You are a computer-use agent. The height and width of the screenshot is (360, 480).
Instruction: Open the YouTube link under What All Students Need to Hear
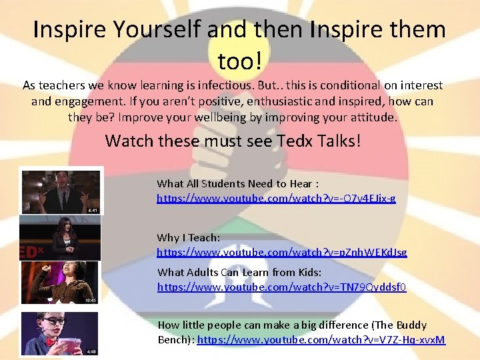click(276, 199)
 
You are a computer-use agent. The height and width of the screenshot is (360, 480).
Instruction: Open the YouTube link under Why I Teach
click(281, 253)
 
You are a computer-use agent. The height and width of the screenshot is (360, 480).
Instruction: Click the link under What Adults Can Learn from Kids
click(281, 287)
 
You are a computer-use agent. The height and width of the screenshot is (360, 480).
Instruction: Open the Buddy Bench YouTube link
click(321, 340)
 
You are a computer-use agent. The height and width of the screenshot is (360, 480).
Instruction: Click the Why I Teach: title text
click(188, 238)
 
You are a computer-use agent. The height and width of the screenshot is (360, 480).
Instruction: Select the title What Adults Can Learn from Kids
click(239, 272)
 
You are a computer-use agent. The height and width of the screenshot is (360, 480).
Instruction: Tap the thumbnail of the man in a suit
click(61, 192)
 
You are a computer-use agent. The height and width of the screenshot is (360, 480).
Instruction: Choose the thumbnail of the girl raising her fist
click(59, 282)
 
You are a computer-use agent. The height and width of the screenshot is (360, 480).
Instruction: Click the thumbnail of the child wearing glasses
click(59, 333)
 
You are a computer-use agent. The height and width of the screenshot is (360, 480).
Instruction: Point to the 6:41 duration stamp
click(93, 209)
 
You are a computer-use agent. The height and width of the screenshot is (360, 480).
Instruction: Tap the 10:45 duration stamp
click(91, 300)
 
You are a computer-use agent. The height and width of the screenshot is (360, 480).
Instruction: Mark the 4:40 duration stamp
click(91, 351)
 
